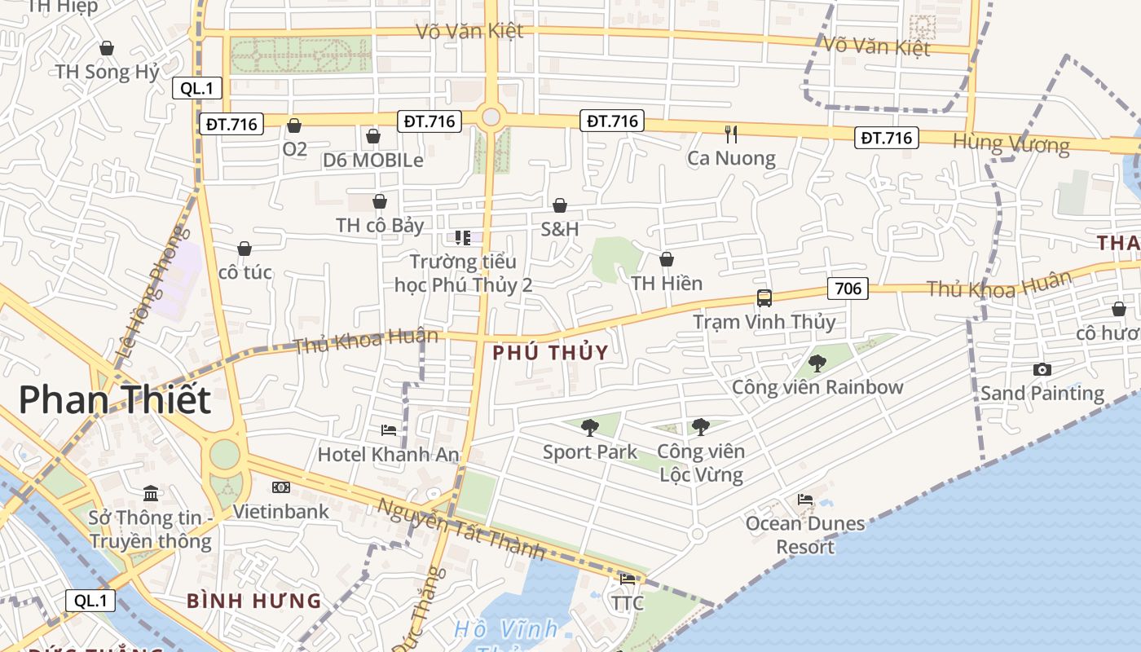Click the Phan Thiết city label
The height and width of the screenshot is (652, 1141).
pyautogui.click(x=114, y=400)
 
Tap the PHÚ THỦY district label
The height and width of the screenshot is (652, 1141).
pyautogui.click(x=551, y=352)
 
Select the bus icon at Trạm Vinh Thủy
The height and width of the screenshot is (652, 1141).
pyautogui.click(x=764, y=298)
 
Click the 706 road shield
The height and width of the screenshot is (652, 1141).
pyautogui.click(x=848, y=288)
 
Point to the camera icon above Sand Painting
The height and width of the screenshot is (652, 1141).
pyautogui.click(x=1042, y=369)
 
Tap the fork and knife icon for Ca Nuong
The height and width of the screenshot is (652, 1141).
pyautogui.click(x=731, y=134)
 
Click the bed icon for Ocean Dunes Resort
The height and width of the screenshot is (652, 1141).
pyautogui.click(x=805, y=499)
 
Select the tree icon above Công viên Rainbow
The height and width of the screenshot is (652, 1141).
pyautogui.click(x=817, y=363)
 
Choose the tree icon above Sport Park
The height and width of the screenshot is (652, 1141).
pyautogui.click(x=589, y=427)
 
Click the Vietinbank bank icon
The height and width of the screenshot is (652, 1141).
pyautogui.click(x=281, y=487)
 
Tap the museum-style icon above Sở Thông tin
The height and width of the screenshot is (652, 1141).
pyautogui.click(x=151, y=493)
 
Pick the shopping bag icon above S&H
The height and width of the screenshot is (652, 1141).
pyautogui.click(x=560, y=205)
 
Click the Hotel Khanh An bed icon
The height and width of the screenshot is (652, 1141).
pyautogui.click(x=389, y=430)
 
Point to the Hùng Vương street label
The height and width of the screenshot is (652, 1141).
pyautogui.click(x=1011, y=144)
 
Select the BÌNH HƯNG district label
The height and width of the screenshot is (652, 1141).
pyautogui.click(x=254, y=601)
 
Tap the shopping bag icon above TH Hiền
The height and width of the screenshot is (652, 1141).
pyautogui.click(x=666, y=259)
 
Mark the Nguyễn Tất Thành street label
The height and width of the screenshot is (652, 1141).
pyautogui.click(x=460, y=528)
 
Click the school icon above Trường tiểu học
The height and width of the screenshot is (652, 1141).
pyautogui.click(x=463, y=237)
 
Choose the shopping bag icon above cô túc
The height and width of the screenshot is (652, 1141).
pyautogui.click(x=244, y=249)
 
